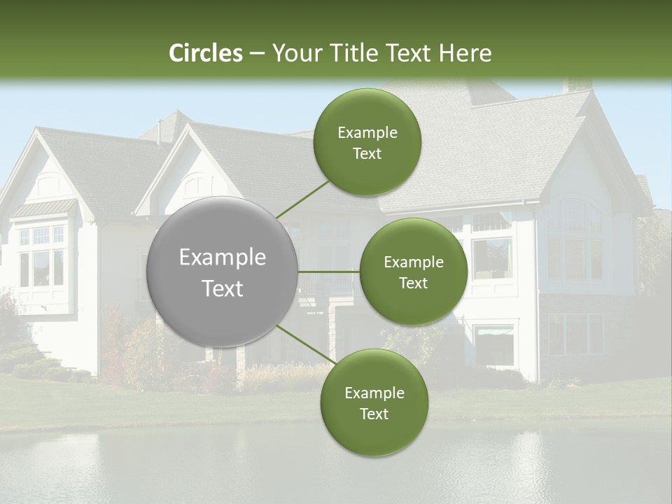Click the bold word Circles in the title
205,53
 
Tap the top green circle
367,142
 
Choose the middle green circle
413,272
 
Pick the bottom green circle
374,402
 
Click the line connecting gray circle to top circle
302,199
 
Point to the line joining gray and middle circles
329,272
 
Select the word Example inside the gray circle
223,258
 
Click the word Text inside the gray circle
223,288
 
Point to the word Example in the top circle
367,132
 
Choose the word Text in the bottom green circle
374,414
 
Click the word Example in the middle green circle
413,262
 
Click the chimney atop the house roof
577,85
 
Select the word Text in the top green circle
367,153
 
